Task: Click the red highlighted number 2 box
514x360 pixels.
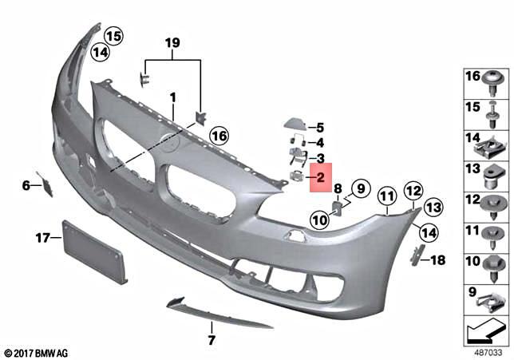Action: tap(320, 177)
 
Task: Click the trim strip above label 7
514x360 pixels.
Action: tap(215, 314)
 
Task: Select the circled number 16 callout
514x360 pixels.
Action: tap(219, 136)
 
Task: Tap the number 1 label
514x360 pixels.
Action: tap(172, 97)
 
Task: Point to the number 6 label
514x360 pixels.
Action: tap(26, 185)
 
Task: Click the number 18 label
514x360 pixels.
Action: tap(438, 260)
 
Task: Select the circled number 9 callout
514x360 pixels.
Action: tap(358, 189)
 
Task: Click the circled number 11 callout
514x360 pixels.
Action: tap(387, 195)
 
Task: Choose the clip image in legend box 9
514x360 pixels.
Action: tap(494, 300)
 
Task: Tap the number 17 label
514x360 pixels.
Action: tap(43, 237)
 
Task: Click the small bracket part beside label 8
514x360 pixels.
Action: tap(338, 208)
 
